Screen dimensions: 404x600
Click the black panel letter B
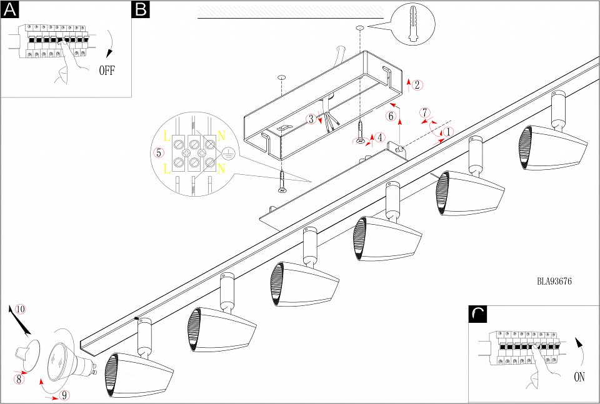pyautogui.click(x=141, y=9)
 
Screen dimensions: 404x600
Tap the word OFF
pyautogui.click(x=107, y=70)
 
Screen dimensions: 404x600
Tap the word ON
pyautogui.click(x=580, y=377)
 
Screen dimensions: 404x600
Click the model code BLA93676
pyautogui.click(x=554, y=281)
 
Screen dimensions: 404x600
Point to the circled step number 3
pyautogui.click(x=311, y=119)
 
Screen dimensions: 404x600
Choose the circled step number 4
pyautogui.click(x=381, y=137)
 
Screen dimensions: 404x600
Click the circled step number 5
pyautogui.click(x=159, y=152)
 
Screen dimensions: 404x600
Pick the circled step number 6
pyautogui.click(x=391, y=116)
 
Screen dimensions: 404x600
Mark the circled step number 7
pyautogui.click(x=425, y=113)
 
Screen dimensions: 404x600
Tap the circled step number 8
pyautogui.click(x=19, y=378)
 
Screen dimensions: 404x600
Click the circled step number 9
pyautogui.click(x=65, y=395)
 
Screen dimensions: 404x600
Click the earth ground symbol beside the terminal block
pyautogui.click(x=229, y=152)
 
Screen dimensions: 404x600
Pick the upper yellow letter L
pyautogui.click(x=167, y=135)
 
